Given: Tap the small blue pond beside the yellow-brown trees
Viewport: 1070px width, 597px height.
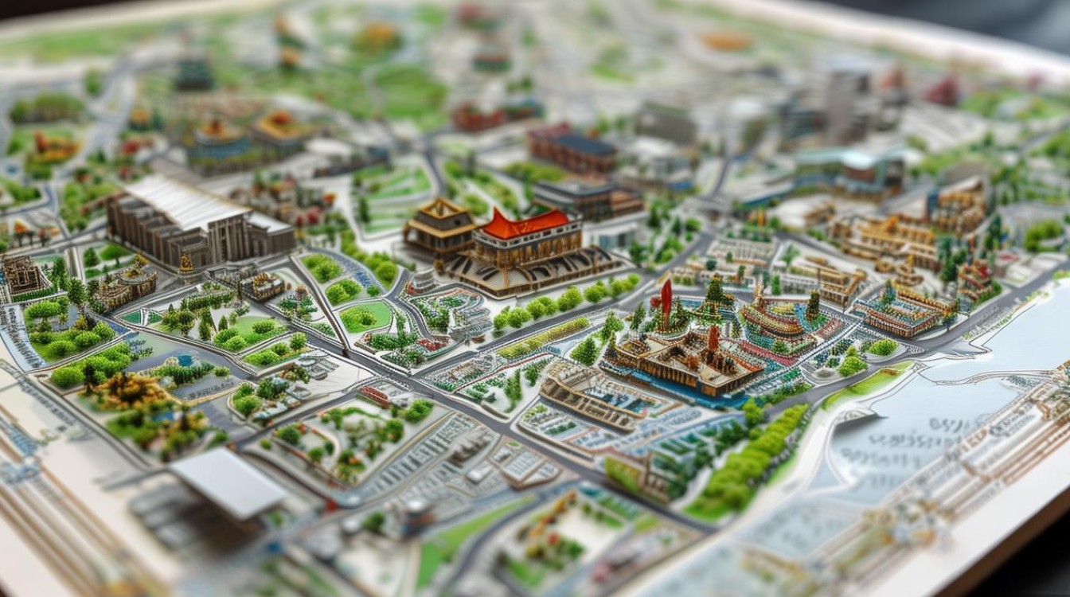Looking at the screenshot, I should click(185, 360).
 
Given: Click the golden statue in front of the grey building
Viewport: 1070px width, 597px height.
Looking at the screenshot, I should click(185, 265).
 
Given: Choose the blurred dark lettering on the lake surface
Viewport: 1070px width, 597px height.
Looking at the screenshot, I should click(916, 446).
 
